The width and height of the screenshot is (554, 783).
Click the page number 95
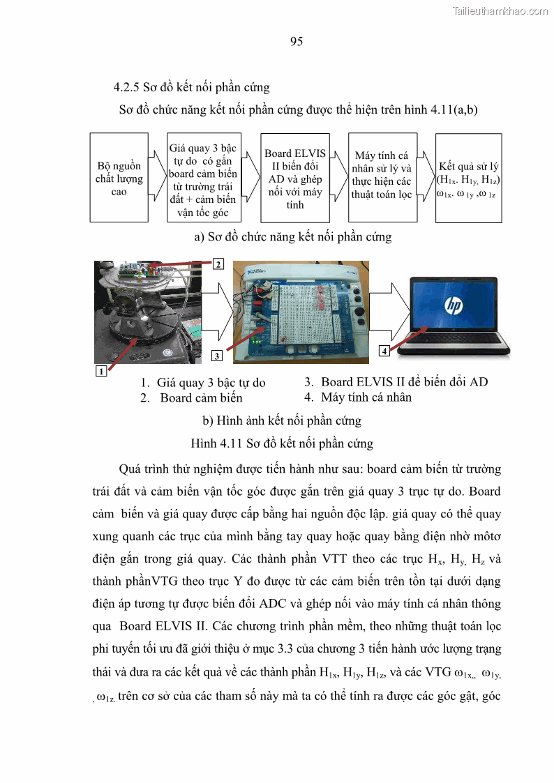[296, 42]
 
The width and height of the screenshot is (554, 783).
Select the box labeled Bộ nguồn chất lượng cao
[119, 178]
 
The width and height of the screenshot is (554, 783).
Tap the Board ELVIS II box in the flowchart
[294, 178]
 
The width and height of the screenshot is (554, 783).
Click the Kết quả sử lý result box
[468, 178]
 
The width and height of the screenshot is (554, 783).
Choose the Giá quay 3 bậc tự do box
[203, 178]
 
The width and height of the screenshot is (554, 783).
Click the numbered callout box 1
[101, 371]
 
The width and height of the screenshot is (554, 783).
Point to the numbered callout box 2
[218, 264]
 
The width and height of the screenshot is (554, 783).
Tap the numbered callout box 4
[384, 351]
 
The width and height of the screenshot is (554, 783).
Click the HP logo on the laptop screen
[454, 305]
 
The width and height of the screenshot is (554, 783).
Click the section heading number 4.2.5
[127, 88]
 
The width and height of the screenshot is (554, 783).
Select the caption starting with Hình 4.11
[282, 443]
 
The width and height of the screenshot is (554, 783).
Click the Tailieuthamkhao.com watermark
[500, 10]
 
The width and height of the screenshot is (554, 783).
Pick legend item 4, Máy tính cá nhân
[359, 397]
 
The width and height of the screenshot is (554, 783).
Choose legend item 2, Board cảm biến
[192, 398]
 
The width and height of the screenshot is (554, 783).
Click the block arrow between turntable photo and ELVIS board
[218, 310]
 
